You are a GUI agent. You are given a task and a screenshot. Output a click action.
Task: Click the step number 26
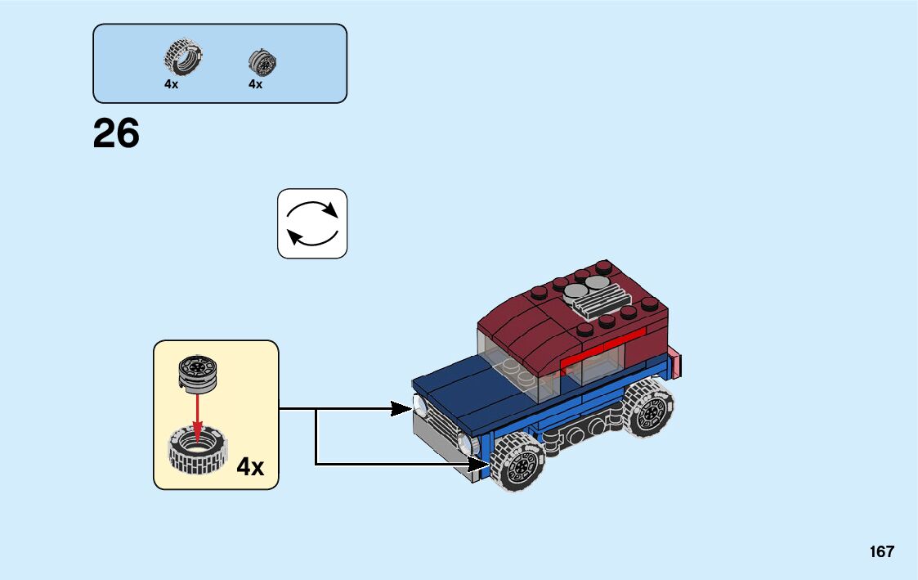(x=116, y=133)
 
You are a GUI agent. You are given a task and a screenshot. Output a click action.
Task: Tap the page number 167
(x=882, y=552)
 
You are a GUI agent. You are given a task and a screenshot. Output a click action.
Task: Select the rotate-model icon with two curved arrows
(x=312, y=223)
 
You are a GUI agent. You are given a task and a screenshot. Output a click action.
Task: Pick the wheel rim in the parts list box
(x=262, y=61)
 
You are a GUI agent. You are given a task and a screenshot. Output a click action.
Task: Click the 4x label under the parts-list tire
(x=171, y=84)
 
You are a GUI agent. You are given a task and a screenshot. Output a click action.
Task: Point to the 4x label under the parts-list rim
(x=256, y=84)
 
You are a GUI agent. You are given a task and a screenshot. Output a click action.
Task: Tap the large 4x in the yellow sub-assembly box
(x=250, y=467)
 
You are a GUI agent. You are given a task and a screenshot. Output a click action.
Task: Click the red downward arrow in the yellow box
(x=197, y=412)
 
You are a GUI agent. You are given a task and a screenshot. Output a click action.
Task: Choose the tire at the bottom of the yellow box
(x=197, y=452)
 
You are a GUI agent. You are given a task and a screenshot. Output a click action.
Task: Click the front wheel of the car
(x=517, y=464)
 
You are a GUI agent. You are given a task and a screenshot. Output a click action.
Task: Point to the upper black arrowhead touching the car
(x=402, y=408)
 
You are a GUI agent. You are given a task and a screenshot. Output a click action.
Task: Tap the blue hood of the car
(x=467, y=392)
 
